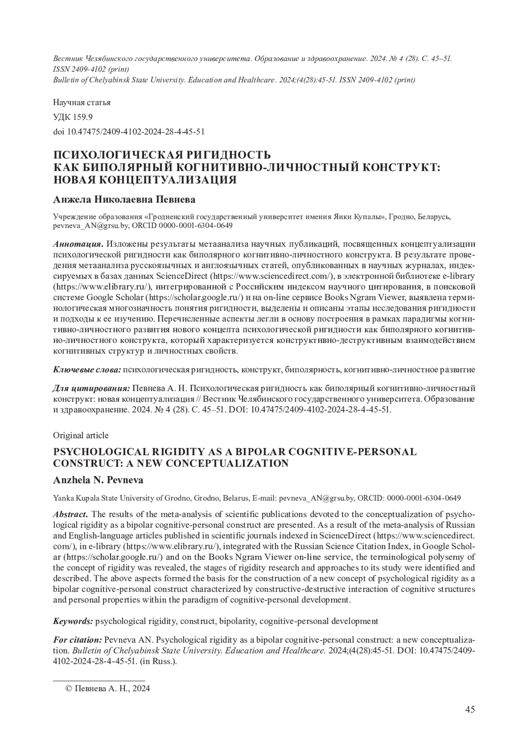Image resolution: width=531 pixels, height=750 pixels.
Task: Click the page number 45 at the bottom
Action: click(470, 710)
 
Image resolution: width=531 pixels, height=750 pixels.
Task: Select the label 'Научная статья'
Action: click(82, 103)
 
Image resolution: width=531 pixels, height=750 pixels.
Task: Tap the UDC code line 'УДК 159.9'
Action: click(73, 117)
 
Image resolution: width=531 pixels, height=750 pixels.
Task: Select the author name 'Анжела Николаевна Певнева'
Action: click(124, 200)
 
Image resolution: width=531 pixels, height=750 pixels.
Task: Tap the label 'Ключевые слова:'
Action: click(87, 369)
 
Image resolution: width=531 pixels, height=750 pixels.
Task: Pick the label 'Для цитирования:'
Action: click(91, 388)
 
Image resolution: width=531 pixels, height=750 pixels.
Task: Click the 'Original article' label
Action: click(81, 435)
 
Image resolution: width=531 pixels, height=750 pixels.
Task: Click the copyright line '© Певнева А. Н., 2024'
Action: click(108, 689)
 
